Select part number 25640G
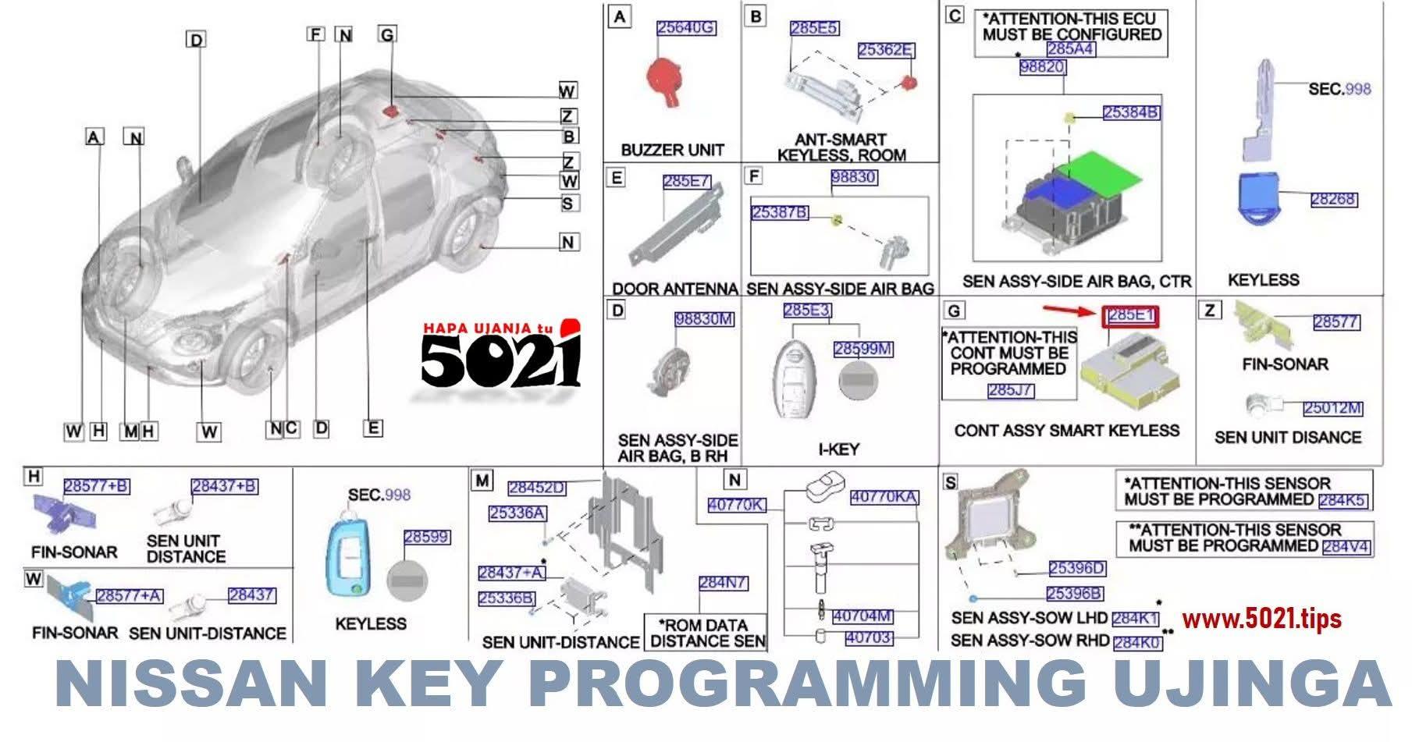(686, 28)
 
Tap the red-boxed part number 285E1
(1130, 315)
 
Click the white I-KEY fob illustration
(798, 376)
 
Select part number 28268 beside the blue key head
(1333, 199)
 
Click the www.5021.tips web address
(1261, 619)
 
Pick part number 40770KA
(884, 497)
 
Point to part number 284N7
(723, 583)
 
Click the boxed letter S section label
(950, 482)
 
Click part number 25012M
(1332, 408)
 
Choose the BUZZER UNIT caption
(672, 149)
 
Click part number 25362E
(886, 50)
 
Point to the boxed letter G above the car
(387, 34)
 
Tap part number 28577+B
(96, 486)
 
